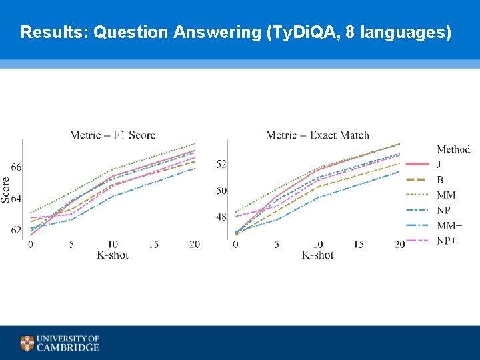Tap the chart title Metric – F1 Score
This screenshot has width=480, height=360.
point(113,135)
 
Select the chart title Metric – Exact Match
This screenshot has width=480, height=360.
point(317,135)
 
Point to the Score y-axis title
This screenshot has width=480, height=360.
point(6,189)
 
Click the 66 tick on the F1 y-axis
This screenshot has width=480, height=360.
point(16,167)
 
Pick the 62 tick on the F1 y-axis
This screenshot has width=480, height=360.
point(16,230)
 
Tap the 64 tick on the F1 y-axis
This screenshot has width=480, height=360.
point(16,199)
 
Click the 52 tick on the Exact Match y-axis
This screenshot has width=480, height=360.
point(221,164)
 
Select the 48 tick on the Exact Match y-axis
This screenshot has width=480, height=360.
point(221,217)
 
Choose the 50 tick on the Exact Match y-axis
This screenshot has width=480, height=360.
point(221,191)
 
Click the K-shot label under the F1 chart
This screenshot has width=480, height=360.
point(113,255)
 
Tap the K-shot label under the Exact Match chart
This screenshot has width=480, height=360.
point(317,255)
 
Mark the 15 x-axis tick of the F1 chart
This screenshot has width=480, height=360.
point(153,245)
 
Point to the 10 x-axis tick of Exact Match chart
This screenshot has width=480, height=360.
point(317,245)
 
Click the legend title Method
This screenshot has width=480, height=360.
point(453,149)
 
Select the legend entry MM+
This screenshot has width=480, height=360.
point(449,225)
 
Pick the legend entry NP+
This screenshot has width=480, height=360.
point(447,241)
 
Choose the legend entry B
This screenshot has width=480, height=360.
point(440,180)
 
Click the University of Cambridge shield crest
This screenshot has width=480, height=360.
point(27,343)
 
